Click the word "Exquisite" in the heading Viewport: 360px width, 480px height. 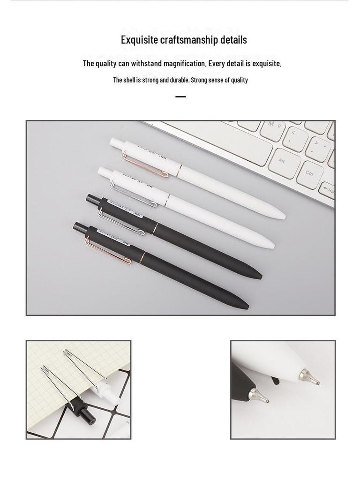click(140, 40)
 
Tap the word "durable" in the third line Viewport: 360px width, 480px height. click(174, 80)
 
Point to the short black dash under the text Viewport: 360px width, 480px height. click(180, 97)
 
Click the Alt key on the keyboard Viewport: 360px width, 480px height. click(282, 161)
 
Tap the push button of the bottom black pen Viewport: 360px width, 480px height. click(79, 227)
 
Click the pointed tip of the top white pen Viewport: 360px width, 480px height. click(283, 217)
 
